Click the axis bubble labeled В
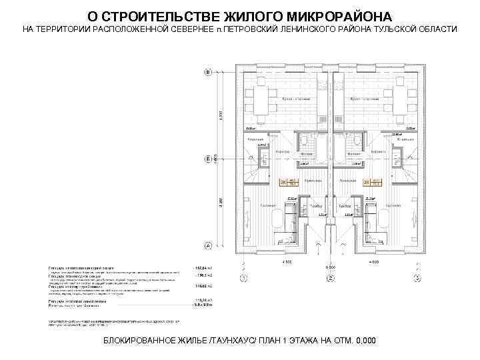208,71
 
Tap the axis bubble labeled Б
208,159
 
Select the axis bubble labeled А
208,245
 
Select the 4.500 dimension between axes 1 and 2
287,263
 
